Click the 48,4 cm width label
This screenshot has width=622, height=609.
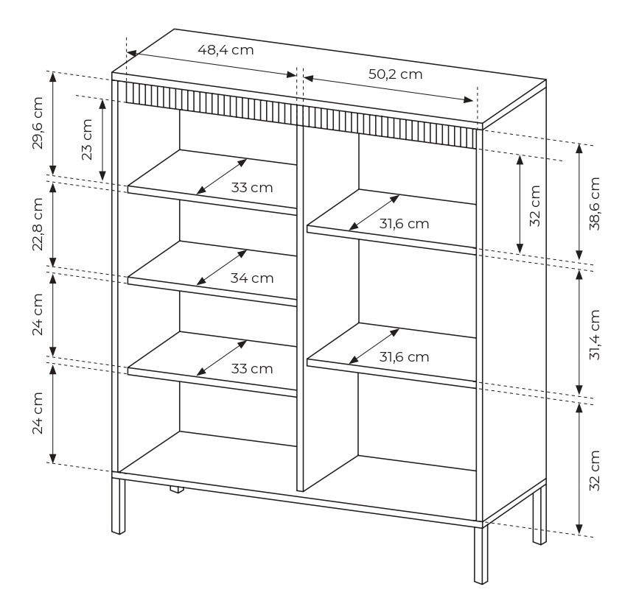[226, 50]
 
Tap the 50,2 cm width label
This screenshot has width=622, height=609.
[395, 74]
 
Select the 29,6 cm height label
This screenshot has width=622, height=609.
[38, 123]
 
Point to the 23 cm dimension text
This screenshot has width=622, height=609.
[87, 139]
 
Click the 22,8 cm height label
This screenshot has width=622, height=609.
[38, 224]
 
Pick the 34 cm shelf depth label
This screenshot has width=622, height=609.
[252, 278]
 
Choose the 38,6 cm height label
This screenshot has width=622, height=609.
[595, 204]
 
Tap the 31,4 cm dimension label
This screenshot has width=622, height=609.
[595, 334]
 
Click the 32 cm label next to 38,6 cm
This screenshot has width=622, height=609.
[535, 205]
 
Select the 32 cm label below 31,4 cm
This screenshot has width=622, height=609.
[595, 471]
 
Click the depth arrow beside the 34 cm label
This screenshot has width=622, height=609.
[222, 267]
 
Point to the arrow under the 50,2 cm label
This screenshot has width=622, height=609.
[388, 89]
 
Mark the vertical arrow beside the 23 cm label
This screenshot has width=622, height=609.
[102, 139]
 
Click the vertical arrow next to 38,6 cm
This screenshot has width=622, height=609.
[579, 202]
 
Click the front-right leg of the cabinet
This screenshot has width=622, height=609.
[481, 555]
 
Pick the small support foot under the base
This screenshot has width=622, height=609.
[178, 489]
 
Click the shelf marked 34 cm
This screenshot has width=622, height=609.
[212, 274]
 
